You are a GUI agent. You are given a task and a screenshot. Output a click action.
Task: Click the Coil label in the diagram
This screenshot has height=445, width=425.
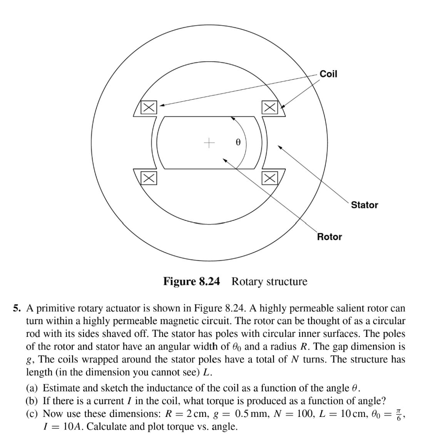328,74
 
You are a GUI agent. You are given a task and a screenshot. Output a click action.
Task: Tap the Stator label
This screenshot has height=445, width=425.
364,205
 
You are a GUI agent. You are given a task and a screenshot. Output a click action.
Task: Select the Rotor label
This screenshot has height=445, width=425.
329,237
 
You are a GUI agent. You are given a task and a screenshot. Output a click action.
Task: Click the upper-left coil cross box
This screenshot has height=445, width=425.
148,107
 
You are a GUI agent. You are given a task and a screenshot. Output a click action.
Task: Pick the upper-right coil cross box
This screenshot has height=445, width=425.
269,107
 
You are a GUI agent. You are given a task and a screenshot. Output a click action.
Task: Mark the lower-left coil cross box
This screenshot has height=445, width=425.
148,177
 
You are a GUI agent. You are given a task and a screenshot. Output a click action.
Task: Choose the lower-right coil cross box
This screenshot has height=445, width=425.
269,177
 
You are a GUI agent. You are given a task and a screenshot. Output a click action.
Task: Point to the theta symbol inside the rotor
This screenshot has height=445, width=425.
238,142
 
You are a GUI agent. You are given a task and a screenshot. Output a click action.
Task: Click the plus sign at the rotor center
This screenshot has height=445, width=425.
209,144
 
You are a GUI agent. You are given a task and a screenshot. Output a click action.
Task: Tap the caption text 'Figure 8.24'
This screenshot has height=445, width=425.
192,281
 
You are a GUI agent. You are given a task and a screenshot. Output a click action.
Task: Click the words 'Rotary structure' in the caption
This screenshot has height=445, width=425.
269,281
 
